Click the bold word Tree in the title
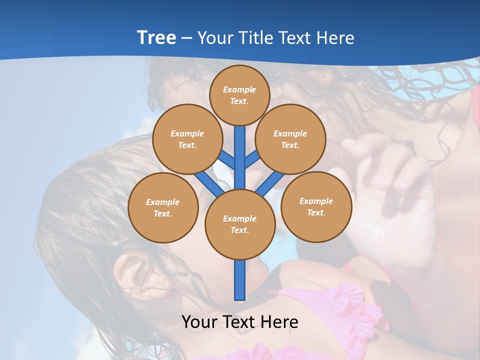point(156,38)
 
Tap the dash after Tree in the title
point(186,38)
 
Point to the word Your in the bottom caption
point(200,322)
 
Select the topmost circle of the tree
point(239,95)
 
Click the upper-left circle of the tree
point(187,139)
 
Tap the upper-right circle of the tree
point(290,139)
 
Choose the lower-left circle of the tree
point(163,207)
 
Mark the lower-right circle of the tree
point(316,206)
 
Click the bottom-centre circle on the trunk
point(240,224)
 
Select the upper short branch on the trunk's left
point(226,159)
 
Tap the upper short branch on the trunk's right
point(252,159)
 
